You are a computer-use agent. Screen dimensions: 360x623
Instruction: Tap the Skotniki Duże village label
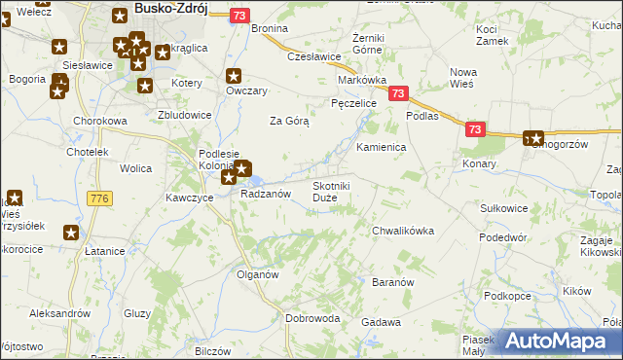[331, 192]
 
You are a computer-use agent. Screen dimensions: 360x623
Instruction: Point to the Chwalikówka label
[403, 231]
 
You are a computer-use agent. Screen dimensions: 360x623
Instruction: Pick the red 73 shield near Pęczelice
[397, 93]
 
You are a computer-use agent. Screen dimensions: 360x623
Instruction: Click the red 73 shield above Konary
[474, 128]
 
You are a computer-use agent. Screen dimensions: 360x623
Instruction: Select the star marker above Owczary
[234, 75]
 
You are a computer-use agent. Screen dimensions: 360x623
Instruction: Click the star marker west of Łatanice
[71, 233]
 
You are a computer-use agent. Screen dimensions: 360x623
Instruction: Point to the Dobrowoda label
[312, 318]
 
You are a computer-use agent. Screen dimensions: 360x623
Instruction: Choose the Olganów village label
[258, 274]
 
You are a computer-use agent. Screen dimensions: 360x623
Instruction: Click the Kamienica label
[381, 147]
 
